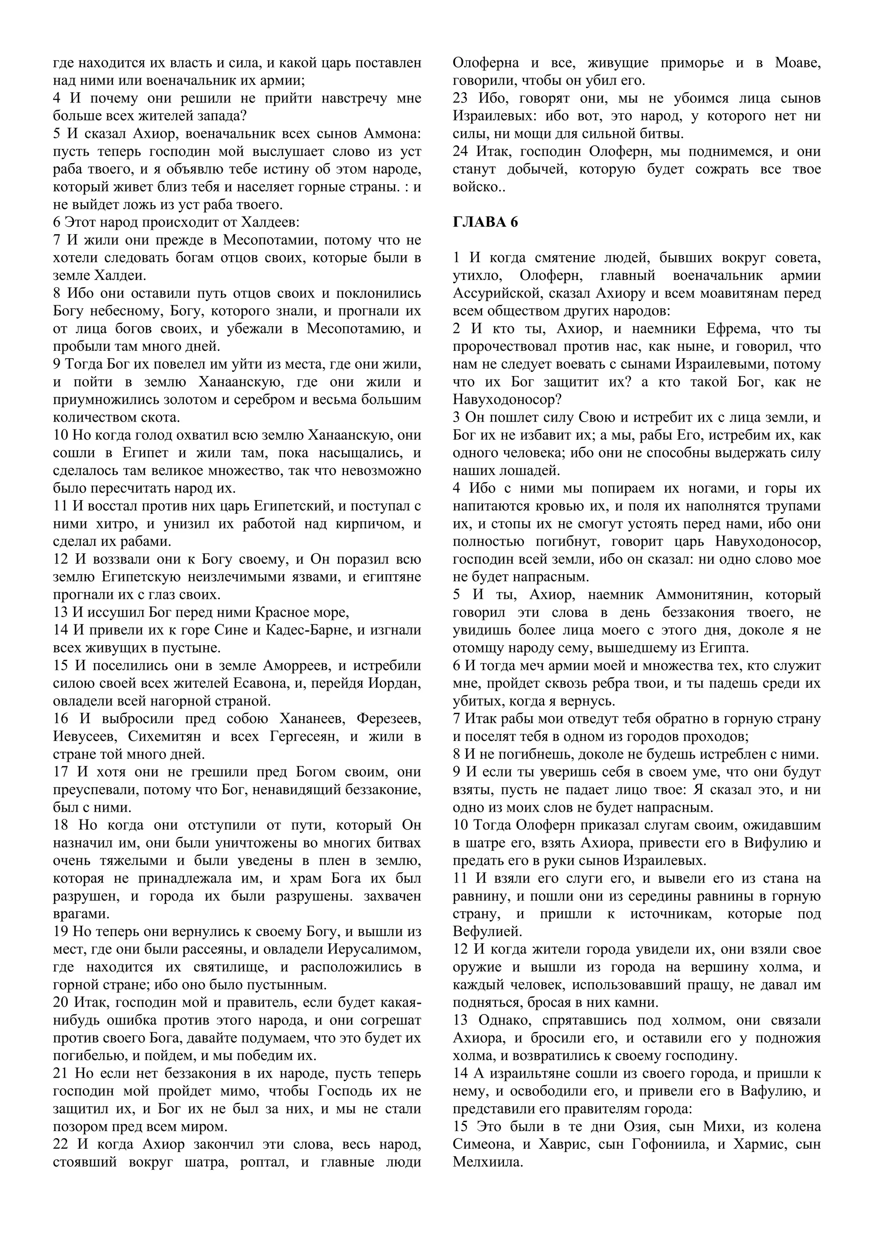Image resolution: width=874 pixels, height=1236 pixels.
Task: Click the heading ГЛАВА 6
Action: (485, 222)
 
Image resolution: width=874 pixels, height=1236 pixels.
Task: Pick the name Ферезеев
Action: (389, 719)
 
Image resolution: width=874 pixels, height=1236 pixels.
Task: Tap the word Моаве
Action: (798, 63)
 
